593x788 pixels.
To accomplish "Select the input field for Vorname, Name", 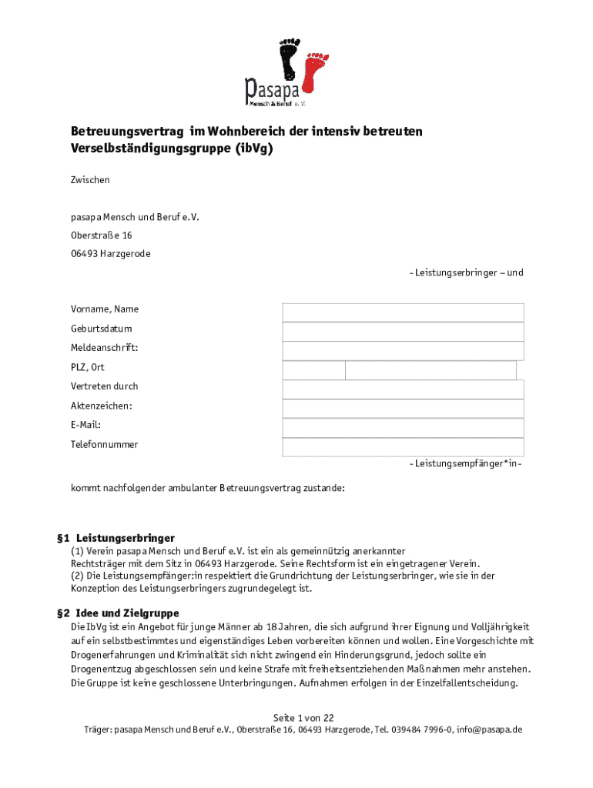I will tap(403, 312).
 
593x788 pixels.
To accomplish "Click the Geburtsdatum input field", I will tap(403, 331).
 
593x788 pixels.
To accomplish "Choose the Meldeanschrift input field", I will tap(403, 350).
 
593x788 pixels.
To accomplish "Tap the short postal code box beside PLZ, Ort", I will tap(313, 370).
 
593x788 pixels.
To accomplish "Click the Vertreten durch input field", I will tap(403, 389).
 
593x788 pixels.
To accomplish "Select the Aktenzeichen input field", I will tap(403, 408).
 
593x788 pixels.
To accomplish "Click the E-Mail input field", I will tap(403, 427).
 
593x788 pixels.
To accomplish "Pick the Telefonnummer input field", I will tap(403, 446).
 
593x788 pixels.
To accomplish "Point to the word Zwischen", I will tap(90, 180).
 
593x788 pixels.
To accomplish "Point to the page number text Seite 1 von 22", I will tap(303, 717).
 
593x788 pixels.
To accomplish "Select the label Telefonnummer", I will tap(105, 445).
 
